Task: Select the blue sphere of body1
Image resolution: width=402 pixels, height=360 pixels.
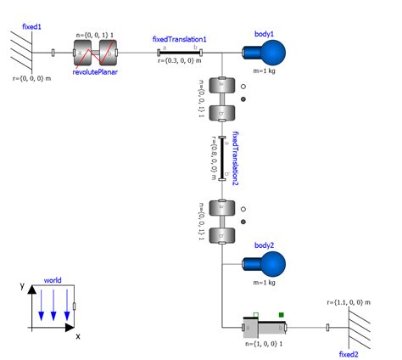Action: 271,54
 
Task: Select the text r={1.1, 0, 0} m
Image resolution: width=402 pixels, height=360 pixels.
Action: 353,301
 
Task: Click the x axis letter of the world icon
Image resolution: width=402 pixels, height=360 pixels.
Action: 77,337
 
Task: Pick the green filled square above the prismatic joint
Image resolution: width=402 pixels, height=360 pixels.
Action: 282,316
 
